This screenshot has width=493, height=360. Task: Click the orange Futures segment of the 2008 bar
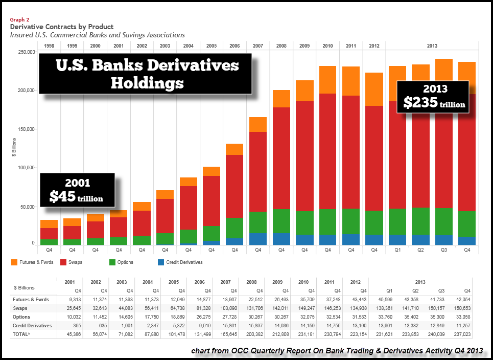281,99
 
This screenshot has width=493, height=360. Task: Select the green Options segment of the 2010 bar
327,222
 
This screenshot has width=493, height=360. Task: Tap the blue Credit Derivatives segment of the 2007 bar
257,239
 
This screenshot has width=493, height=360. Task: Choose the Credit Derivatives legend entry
180,262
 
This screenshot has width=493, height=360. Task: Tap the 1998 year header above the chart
49,46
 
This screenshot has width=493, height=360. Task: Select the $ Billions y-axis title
14,148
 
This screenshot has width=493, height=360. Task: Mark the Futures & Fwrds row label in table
32,300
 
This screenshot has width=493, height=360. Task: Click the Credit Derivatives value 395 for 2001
75,326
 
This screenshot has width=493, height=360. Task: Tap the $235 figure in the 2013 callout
419,102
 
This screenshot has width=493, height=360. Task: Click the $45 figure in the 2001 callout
62,196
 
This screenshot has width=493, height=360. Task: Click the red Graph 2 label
19,19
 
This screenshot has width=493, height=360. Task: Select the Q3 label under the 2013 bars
443,251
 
